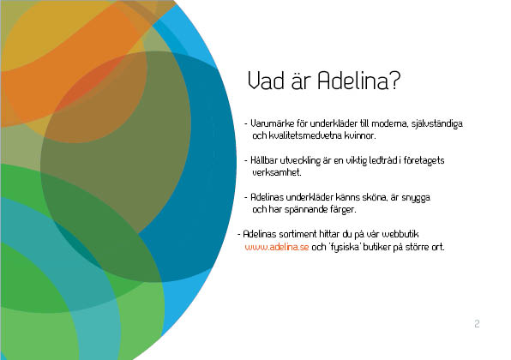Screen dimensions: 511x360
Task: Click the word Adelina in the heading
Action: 353,81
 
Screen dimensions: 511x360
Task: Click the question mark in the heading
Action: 394,81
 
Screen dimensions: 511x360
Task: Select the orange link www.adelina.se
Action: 277,247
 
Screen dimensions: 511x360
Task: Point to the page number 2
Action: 477,323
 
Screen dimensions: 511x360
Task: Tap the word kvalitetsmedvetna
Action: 305,135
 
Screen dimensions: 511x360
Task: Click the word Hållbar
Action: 264,160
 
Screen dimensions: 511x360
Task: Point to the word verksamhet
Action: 277,172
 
